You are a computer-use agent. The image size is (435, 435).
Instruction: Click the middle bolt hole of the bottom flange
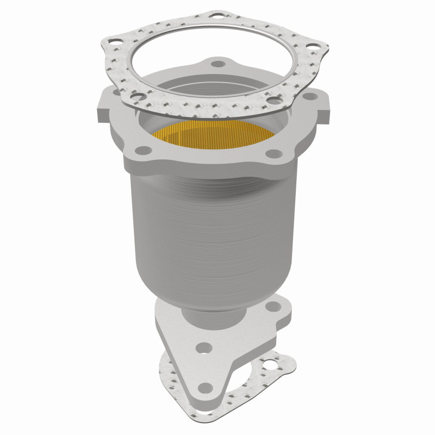(x=204, y=346)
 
